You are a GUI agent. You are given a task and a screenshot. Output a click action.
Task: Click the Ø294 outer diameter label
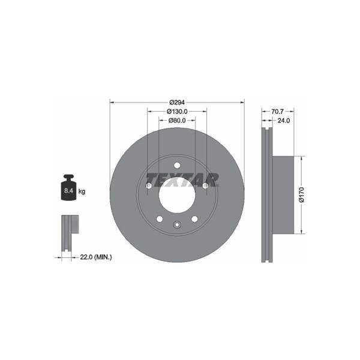(177, 102)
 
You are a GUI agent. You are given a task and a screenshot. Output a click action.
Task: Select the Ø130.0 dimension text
(177, 112)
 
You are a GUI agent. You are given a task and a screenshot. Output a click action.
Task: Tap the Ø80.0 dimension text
(177, 121)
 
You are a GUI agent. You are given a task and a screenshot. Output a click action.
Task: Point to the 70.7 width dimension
(278, 112)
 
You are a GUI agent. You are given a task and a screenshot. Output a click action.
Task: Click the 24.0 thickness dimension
(284, 121)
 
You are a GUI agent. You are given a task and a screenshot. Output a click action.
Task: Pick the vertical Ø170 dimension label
(301, 194)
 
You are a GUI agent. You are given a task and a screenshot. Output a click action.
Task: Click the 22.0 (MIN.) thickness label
(96, 257)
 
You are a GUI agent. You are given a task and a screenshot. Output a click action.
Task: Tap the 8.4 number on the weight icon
(68, 191)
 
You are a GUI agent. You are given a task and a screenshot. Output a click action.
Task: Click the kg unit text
(82, 191)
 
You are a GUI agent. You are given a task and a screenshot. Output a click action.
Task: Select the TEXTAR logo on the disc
(182, 180)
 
